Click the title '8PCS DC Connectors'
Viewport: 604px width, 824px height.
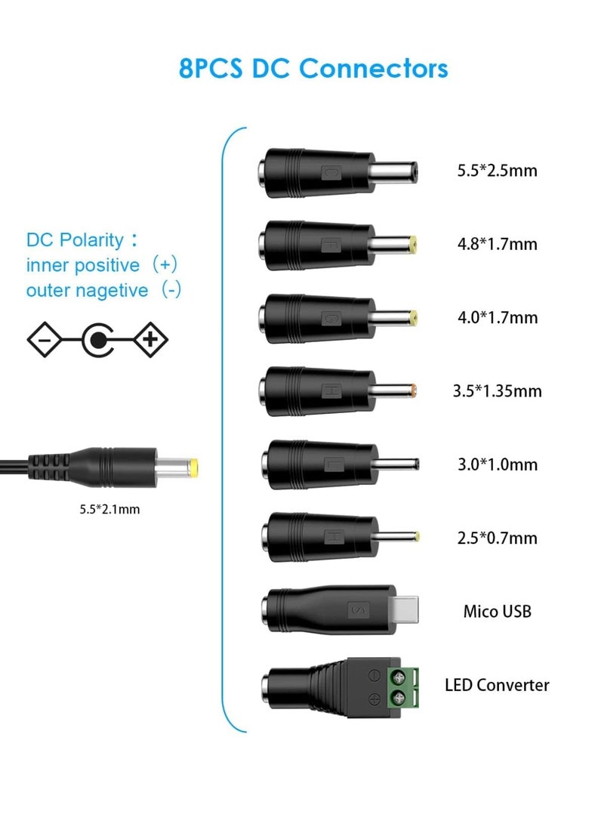pyautogui.click(x=313, y=69)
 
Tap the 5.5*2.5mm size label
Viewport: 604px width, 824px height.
pyautogui.click(x=497, y=170)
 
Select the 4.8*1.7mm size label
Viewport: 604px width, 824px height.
pyautogui.click(x=497, y=244)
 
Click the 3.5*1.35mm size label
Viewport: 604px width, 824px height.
pyautogui.click(x=497, y=391)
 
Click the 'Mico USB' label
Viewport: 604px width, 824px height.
pyautogui.click(x=497, y=611)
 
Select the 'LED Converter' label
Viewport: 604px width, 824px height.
pyautogui.click(x=497, y=685)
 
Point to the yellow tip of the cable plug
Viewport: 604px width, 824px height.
pyautogui.click(x=195, y=466)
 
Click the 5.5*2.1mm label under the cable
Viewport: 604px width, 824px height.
pyautogui.click(x=109, y=509)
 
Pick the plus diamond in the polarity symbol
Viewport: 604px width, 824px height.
pyautogui.click(x=151, y=340)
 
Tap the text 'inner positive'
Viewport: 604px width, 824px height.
pyautogui.click(x=83, y=265)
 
